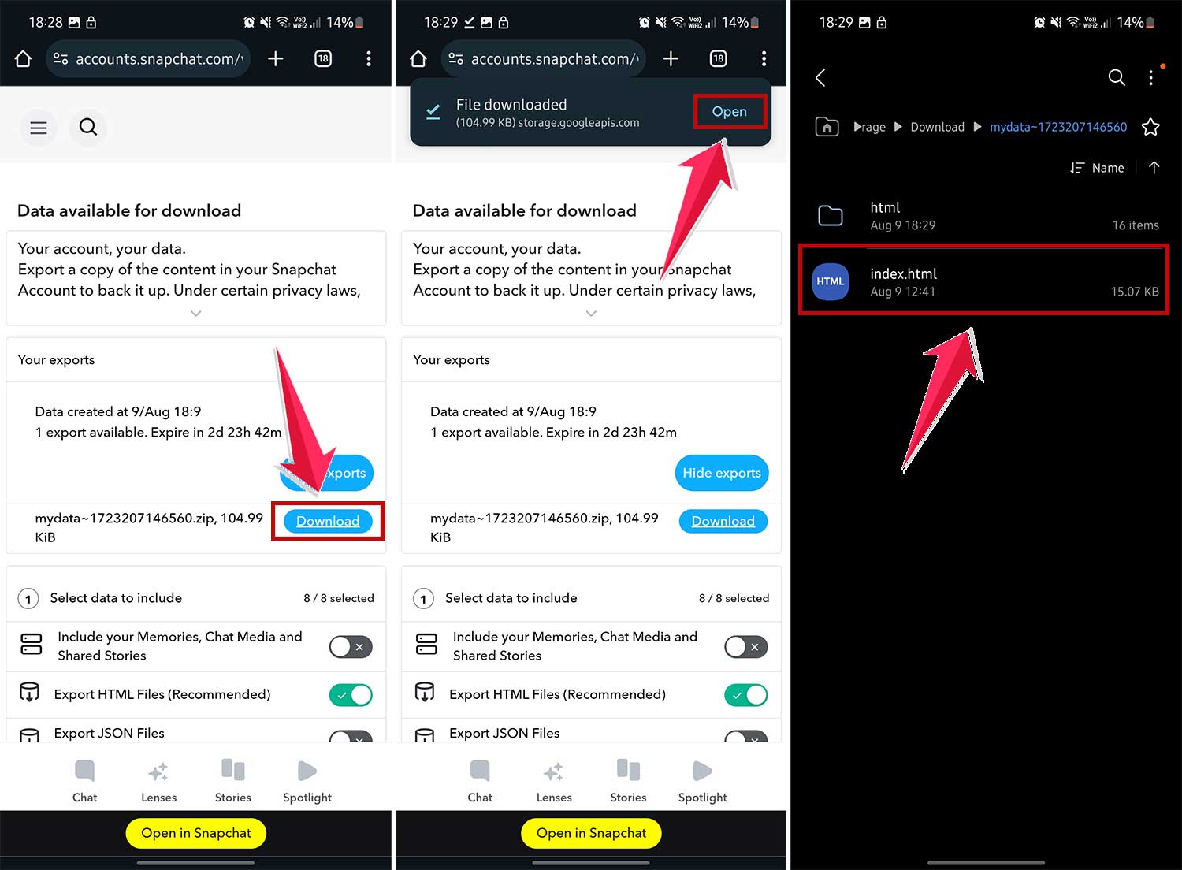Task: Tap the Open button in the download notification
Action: click(x=729, y=112)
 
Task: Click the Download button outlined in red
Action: click(x=328, y=521)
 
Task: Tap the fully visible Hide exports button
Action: click(x=721, y=473)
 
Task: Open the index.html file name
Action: click(x=903, y=274)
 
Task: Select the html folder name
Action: click(x=885, y=207)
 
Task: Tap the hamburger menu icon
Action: click(x=39, y=128)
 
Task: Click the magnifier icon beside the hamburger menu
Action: click(x=88, y=127)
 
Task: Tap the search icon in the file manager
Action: click(x=1116, y=77)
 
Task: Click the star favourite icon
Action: click(x=1150, y=127)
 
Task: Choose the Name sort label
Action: click(x=1107, y=168)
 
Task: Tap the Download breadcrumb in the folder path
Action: click(x=937, y=127)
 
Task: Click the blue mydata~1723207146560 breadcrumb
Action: click(x=1057, y=127)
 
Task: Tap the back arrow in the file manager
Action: click(x=820, y=77)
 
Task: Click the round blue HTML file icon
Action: click(x=830, y=281)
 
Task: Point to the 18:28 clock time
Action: click(x=45, y=22)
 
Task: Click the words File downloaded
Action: click(x=511, y=105)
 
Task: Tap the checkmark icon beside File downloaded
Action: click(x=433, y=112)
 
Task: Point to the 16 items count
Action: click(x=1135, y=225)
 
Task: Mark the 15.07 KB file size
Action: click(x=1134, y=292)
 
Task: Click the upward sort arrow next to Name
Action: click(x=1154, y=168)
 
